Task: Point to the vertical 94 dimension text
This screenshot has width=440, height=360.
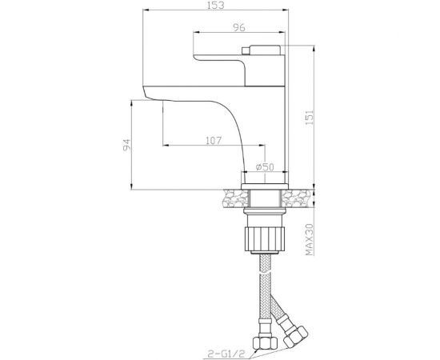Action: click(x=125, y=146)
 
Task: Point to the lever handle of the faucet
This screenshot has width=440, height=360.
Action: click(x=240, y=58)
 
